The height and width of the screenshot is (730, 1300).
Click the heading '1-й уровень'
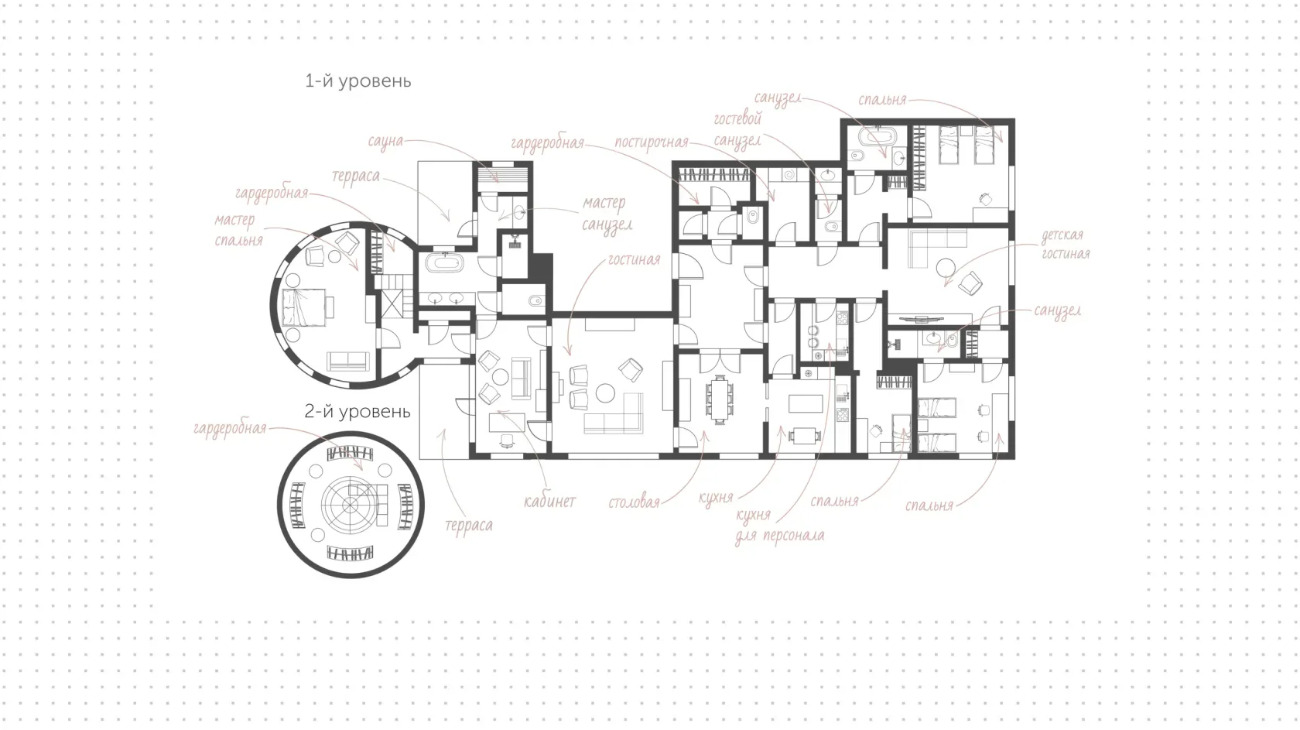click(x=358, y=81)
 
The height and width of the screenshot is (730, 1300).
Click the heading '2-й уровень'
click(x=357, y=412)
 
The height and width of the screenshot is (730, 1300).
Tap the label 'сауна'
click(x=385, y=142)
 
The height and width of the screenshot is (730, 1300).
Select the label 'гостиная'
click(x=634, y=259)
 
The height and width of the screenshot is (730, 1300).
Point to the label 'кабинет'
click(x=549, y=501)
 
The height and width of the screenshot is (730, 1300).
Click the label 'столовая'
click(x=634, y=502)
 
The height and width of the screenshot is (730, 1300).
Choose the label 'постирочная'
click(x=652, y=142)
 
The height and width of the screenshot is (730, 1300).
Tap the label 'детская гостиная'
click(x=1066, y=245)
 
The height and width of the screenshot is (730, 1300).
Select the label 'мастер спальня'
click(x=238, y=230)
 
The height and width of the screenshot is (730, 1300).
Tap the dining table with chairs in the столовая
click(x=720, y=399)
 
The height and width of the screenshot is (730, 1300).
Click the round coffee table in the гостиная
click(x=605, y=393)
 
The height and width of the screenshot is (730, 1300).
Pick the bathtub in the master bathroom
click(x=444, y=262)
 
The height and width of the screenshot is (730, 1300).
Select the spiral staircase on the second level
click(x=350, y=504)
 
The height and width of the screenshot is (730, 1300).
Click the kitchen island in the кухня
click(x=806, y=403)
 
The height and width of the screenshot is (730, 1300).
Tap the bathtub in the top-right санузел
click(x=877, y=136)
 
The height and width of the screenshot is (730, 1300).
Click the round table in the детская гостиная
click(x=946, y=268)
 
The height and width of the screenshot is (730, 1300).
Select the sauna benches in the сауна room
click(x=503, y=176)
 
